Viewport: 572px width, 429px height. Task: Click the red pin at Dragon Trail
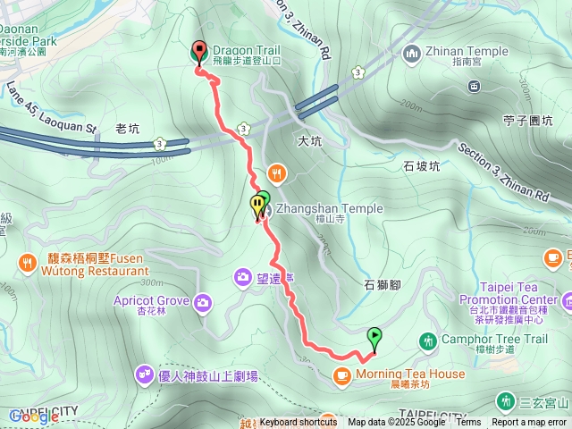[198, 53]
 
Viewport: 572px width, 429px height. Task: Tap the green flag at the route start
[374, 339]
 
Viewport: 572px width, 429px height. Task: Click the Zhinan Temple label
[462, 53]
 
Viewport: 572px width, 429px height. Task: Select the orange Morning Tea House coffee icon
[341, 375]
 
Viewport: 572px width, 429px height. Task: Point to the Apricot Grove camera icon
[203, 301]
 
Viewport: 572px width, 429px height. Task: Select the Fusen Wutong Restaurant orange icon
[27, 264]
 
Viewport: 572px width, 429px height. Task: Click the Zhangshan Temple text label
[330, 208]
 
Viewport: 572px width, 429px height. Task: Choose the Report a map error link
[529, 423]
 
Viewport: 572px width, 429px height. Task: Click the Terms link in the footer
[467, 423]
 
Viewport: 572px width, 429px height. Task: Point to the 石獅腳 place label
[382, 284]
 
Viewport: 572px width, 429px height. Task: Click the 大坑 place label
[308, 140]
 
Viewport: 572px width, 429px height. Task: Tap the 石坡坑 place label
[422, 165]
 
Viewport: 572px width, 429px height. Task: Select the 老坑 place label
[128, 128]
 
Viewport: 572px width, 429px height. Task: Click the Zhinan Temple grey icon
[412, 53]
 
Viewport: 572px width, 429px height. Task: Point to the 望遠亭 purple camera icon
[242, 278]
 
